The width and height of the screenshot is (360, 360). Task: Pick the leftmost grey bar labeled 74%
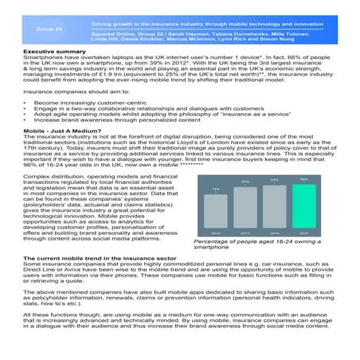coord(215,211)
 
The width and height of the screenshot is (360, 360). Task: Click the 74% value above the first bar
coord(215,189)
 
